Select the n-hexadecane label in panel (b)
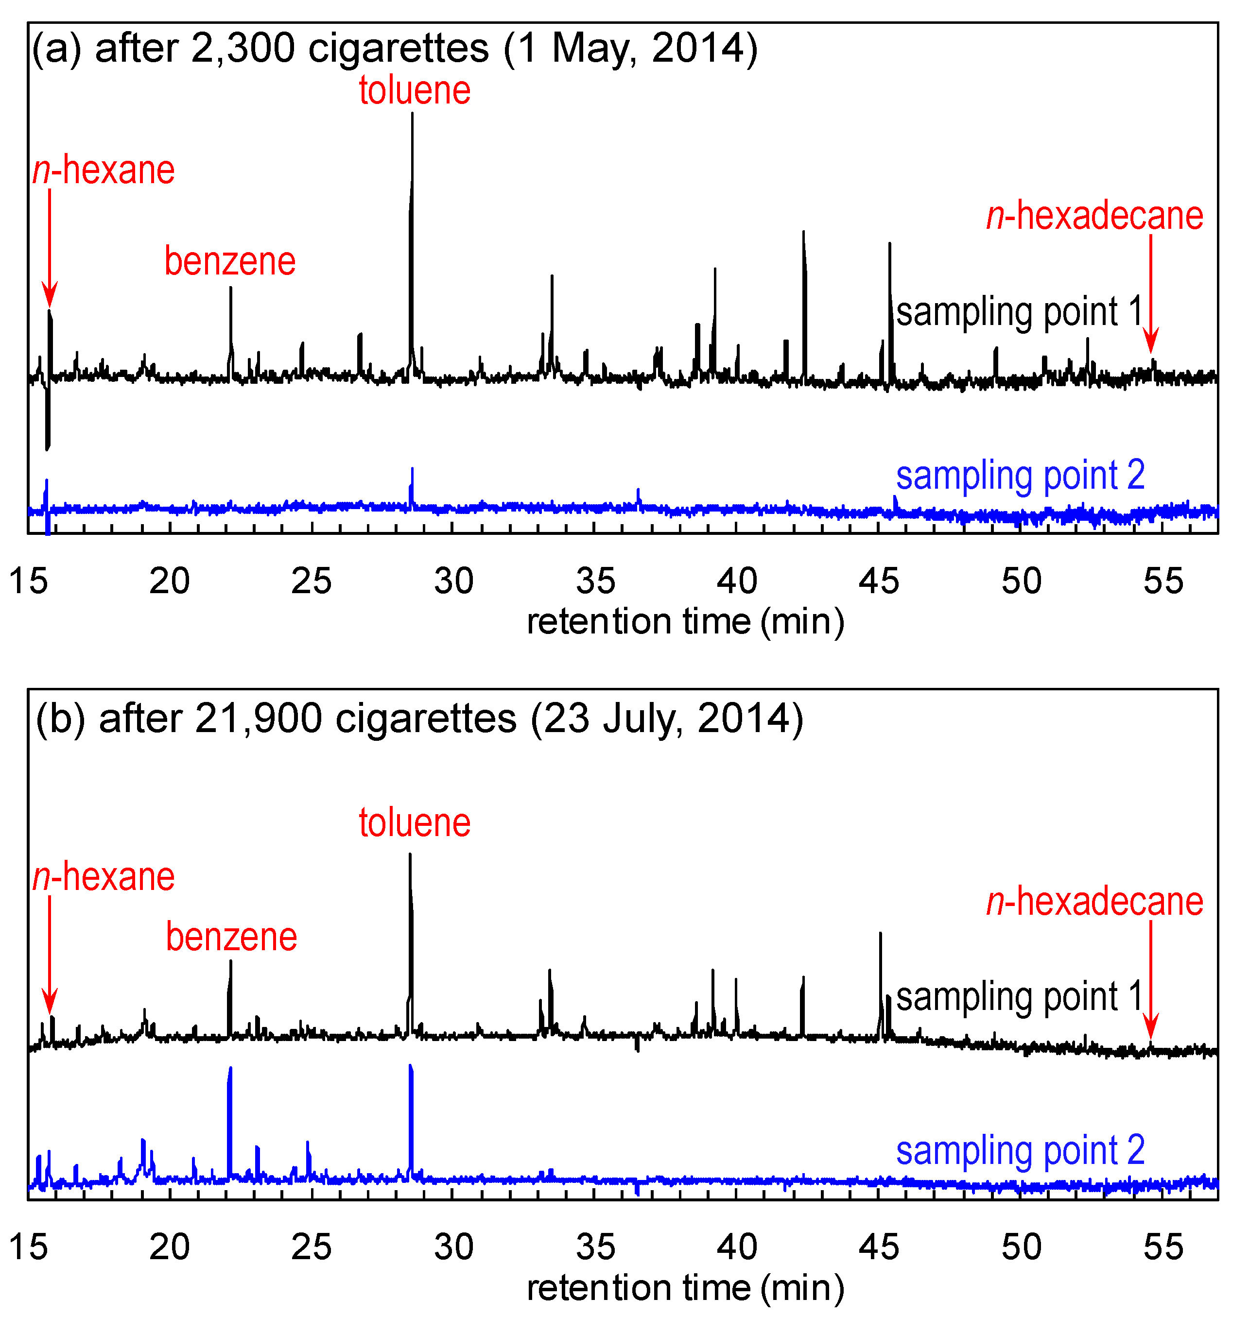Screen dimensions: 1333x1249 (x=1095, y=901)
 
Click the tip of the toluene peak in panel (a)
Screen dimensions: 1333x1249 (x=413, y=114)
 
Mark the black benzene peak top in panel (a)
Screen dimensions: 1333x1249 (x=231, y=289)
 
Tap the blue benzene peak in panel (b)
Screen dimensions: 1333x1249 (x=230, y=1070)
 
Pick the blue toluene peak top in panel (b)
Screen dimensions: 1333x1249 (x=411, y=1066)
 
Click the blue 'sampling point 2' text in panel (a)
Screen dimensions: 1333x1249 (x=1020, y=476)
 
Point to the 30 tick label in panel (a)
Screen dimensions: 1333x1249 (x=454, y=581)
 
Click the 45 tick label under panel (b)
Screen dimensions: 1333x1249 (x=879, y=1247)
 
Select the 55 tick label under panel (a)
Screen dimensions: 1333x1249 (x=1163, y=581)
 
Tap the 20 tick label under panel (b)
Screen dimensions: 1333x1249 (x=170, y=1247)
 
